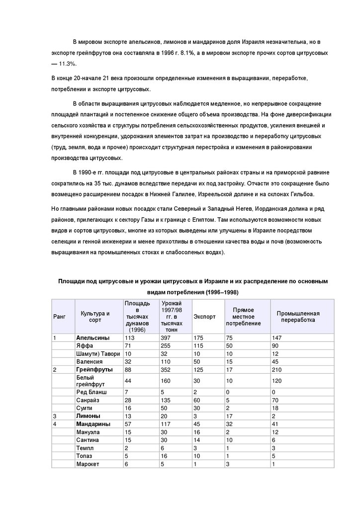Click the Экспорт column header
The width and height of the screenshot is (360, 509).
coord(202,317)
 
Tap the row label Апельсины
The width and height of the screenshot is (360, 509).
coord(93,338)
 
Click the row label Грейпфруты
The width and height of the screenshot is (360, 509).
coord(93,369)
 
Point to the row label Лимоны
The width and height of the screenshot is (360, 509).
coord(88,416)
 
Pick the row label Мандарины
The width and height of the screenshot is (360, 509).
coord(93,424)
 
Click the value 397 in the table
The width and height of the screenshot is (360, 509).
coord(165,338)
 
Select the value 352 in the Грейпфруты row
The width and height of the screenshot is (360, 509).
coord(165,369)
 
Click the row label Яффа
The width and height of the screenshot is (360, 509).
coord(83,345)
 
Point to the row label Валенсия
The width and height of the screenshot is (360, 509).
coord(89,361)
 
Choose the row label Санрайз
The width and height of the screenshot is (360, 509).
coord(88,400)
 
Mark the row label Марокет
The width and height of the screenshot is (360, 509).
coord(88,464)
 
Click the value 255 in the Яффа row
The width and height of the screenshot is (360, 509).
coord(165,345)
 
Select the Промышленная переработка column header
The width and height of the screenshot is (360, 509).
coord(298,317)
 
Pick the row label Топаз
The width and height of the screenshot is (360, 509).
coord(84,456)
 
